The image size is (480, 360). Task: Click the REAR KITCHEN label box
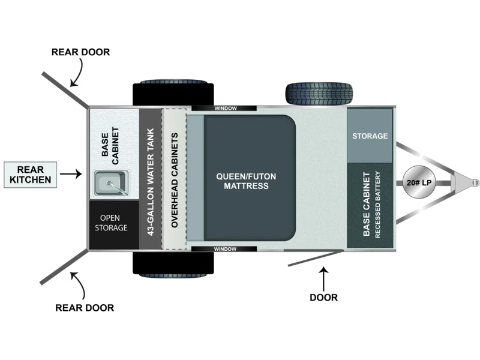30,174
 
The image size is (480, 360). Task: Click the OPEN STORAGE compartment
113,223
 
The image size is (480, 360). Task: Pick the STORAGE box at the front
370,136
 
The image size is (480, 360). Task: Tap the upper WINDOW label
225,108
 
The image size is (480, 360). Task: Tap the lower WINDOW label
225,248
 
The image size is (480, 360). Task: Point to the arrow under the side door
323,278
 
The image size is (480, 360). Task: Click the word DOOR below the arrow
323,297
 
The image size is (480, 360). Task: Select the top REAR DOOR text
80,52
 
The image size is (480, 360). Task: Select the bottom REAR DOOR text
85,308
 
